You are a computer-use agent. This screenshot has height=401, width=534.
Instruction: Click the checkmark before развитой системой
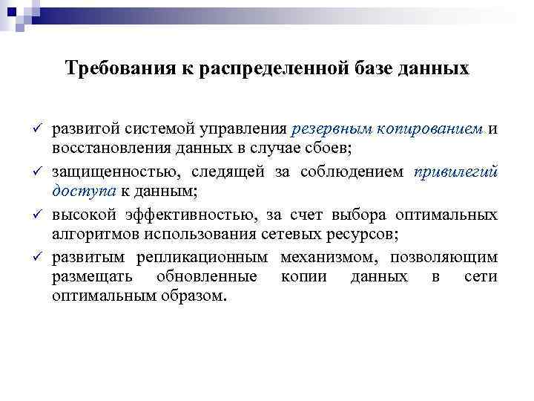(37, 129)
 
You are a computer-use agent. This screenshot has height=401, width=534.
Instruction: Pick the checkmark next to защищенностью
(37, 172)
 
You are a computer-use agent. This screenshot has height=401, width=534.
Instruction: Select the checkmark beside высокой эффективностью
(37, 215)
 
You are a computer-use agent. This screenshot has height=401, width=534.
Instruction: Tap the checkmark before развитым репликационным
(37, 258)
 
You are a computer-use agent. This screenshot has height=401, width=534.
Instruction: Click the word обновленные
(206, 277)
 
